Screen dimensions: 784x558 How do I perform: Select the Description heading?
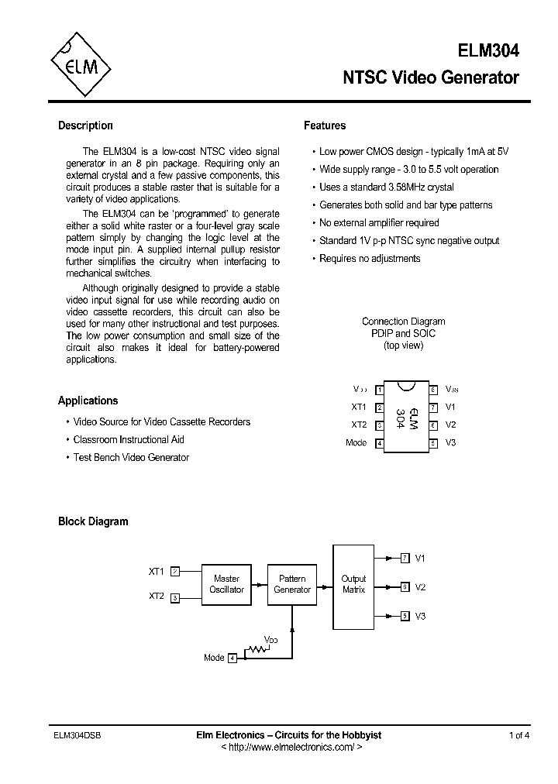coord(85,126)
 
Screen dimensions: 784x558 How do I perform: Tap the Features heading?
coord(325,126)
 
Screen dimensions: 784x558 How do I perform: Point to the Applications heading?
coord(88,401)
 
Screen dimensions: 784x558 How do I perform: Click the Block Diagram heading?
coord(93,521)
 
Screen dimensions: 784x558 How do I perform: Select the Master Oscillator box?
coord(226,584)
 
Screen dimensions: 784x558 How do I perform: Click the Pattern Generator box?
coord(292,584)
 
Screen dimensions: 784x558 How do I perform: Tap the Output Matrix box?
coord(353,586)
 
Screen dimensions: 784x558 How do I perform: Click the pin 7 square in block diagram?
coord(405,558)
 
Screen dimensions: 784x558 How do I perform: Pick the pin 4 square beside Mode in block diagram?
coord(232,658)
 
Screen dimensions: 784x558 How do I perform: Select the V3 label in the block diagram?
coord(421,616)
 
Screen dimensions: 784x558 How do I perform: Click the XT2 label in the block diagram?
coord(157,597)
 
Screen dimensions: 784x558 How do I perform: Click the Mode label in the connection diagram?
coord(356,443)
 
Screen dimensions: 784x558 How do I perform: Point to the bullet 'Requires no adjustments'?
coord(370,259)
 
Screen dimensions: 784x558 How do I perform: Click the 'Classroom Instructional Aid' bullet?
coord(129,439)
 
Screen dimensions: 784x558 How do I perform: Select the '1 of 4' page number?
coord(519,735)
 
